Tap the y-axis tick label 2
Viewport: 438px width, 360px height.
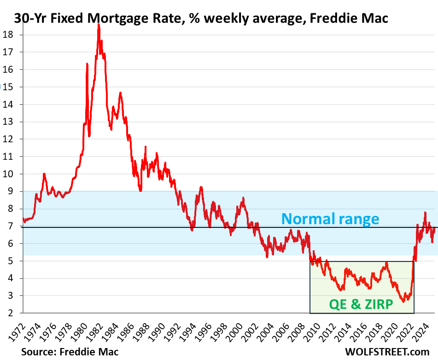click(x=9, y=313)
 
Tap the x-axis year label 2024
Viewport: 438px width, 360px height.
click(x=424, y=331)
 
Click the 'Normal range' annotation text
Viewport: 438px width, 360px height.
click(x=331, y=218)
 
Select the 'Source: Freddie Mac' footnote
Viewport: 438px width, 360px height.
click(x=69, y=352)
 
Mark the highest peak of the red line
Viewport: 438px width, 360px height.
click(x=99, y=25)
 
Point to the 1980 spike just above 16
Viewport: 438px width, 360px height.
click(x=87, y=64)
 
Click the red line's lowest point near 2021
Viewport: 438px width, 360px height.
click(x=403, y=302)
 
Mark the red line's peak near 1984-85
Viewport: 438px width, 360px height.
click(x=120, y=93)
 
